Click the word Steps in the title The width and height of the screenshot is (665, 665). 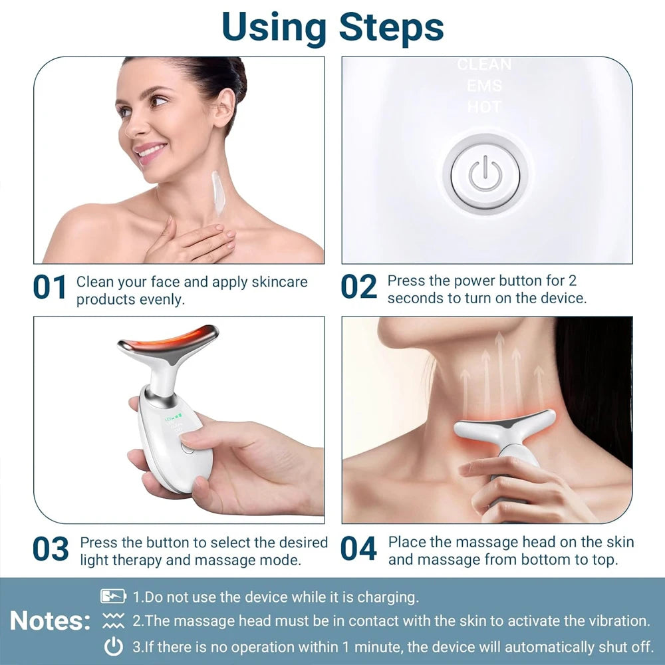click(391, 27)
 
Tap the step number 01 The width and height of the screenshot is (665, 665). click(50, 287)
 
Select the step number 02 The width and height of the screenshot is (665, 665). click(359, 287)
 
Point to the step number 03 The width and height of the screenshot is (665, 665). click(51, 549)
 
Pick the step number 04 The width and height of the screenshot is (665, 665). click(359, 549)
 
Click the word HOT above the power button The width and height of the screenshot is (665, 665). click(484, 106)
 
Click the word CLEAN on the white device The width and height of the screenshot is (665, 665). click(484, 65)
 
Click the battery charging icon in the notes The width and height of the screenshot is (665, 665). click(113, 597)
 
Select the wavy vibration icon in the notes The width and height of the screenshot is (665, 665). click(113, 621)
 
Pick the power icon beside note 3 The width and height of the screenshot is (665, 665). click(114, 646)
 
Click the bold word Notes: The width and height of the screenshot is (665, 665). click(51, 621)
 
